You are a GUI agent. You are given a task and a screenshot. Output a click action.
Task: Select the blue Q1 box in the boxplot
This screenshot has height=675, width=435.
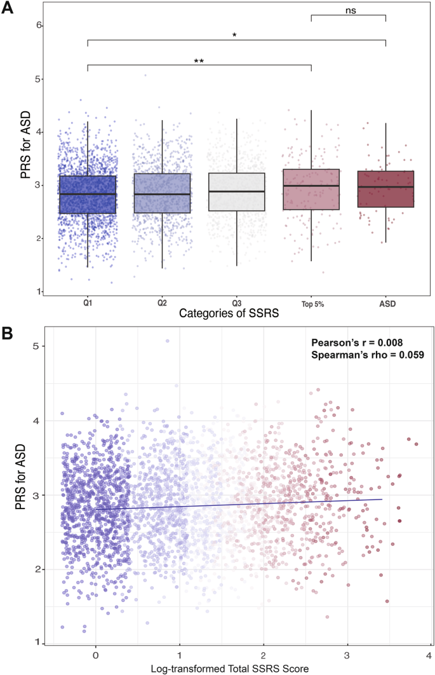(x=87, y=194)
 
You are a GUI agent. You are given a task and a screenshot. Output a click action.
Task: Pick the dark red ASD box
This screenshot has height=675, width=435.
(x=385, y=189)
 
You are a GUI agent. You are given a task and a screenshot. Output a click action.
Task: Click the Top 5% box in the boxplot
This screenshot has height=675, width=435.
(x=311, y=189)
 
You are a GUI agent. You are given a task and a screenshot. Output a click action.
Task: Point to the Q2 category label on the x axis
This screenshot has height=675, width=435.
(x=162, y=303)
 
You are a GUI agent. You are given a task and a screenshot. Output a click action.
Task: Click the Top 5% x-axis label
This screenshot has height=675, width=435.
(x=311, y=303)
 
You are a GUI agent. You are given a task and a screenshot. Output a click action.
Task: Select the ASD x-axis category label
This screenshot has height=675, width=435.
(x=385, y=303)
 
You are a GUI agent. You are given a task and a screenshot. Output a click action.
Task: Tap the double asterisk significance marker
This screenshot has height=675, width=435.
(x=199, y=62)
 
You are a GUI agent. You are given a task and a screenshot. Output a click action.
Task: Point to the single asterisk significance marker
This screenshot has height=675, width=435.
(x=234, y=36)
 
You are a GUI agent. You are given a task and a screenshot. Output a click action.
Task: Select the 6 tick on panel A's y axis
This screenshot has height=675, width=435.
(x=39, y=25)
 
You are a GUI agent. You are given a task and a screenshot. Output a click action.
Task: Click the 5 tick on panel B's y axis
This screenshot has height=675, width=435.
(x=36, y=346)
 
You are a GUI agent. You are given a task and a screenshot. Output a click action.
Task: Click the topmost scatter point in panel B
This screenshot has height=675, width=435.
(x=167, y=341)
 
